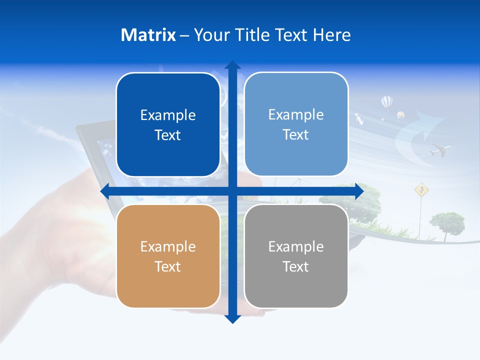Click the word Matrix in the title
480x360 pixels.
[148, 35]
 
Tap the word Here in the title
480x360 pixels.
[332, 35]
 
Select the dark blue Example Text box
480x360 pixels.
[168, 125]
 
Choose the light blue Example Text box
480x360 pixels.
[296, 124]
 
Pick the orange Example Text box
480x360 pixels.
[168, 256]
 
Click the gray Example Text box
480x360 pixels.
[296, 256]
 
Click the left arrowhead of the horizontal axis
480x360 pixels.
[105, 191]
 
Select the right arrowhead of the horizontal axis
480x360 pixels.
[359, 191]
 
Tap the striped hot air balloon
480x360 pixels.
[386, 102]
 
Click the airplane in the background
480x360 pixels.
[439, 149]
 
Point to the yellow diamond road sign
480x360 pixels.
[421, 189]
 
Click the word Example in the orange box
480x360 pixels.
[168, 246]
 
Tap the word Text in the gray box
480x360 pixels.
[296, 266]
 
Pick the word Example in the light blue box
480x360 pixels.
[296, 114]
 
